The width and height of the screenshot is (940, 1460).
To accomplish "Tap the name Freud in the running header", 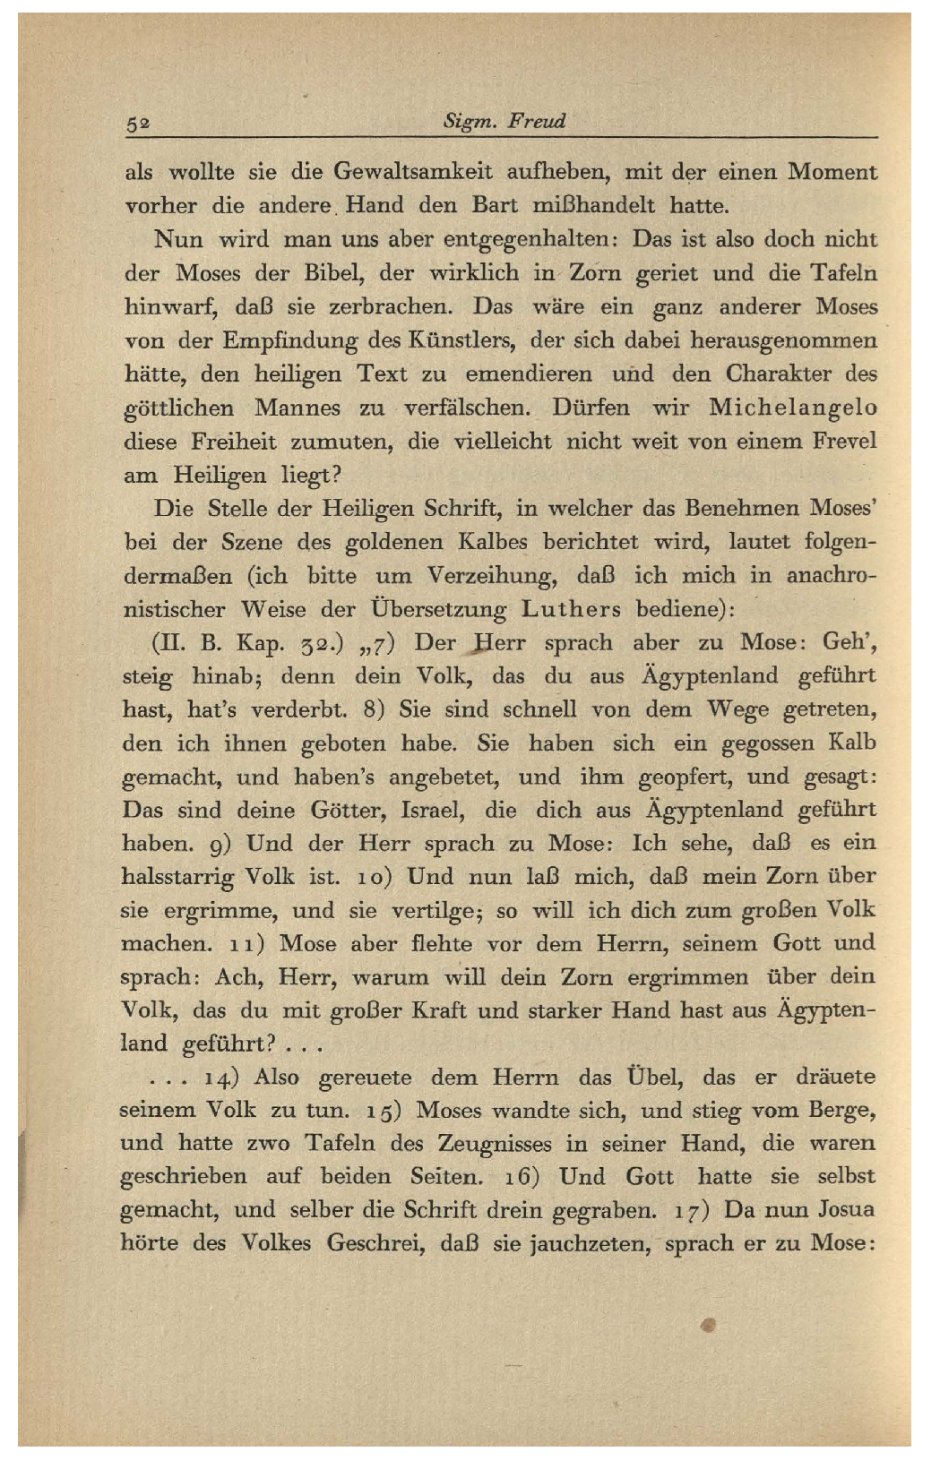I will click(x=536, y=121).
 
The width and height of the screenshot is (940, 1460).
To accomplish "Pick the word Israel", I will click(x=431, y=811).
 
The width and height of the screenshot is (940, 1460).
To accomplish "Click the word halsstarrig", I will click(x=177, y=877).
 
